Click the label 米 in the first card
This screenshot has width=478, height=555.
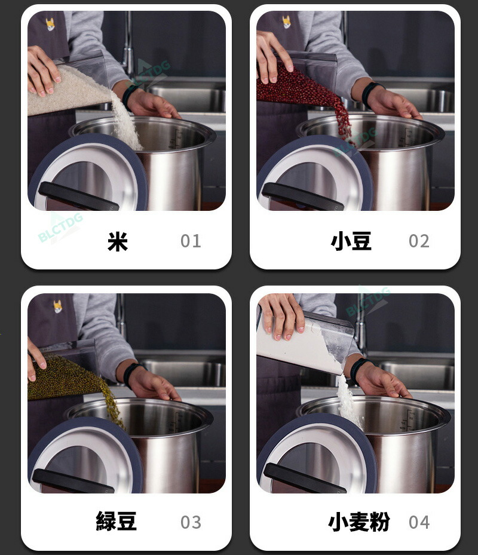[x=118, y=242]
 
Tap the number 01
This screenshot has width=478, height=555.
[x=191, y=241]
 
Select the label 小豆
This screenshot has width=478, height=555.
[x=351, y=241]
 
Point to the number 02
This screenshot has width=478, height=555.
[x=419, y=241]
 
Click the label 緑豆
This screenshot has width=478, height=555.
[x=116, y=521]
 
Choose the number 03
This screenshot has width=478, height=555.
[x=191, y=522]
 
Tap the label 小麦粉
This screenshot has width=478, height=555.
[x=359, y=522]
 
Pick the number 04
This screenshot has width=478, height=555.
[x=419, y=522]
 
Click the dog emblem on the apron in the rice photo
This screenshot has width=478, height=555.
[x=51, y=24]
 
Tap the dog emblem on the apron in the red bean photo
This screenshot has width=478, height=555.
[x=286, y=22]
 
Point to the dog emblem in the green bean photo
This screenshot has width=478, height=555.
[x=58, y=306]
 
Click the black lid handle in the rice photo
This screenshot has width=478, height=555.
[x=78, y=197]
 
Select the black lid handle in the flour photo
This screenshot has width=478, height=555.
[x=305, y=479]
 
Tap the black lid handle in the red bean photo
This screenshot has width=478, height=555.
[x=303, y=197]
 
